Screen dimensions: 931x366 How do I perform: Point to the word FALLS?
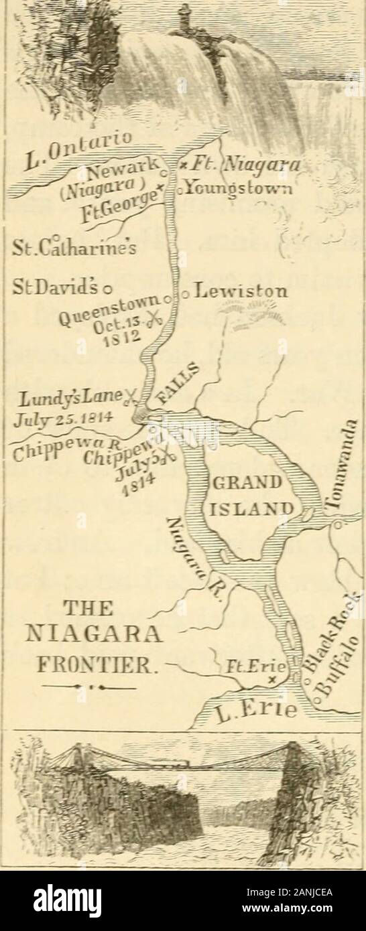point(176,388)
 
